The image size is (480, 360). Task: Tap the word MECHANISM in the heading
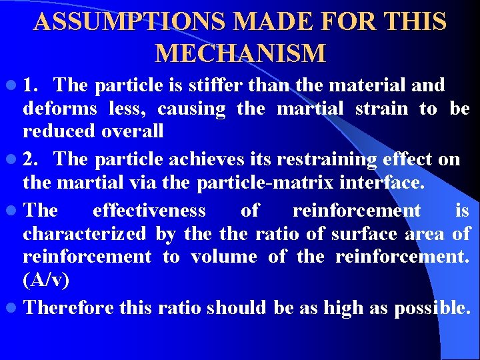240,53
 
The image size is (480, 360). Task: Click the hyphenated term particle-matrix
237,182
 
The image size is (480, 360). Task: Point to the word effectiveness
149,211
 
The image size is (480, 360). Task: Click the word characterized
84,234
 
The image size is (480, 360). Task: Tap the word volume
224,257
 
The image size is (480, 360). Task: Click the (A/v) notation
45,280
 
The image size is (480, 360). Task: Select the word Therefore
70,308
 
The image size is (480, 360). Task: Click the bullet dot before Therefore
14,309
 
